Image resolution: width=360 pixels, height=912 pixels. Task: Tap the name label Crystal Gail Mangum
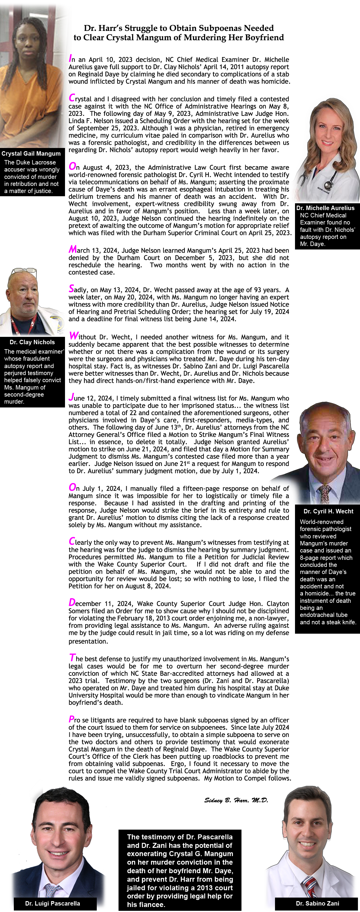pos(31,153)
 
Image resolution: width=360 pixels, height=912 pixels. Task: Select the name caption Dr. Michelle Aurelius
pos(325,208)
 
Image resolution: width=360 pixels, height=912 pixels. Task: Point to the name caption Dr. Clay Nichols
pos(32,342)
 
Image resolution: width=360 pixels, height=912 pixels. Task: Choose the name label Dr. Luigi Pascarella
pos(52,903)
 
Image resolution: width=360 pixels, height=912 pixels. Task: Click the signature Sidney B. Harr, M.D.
pos(236,800)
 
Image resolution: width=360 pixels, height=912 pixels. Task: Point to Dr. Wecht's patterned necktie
pos(324,494)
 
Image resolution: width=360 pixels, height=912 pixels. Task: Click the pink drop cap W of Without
pos(74,336)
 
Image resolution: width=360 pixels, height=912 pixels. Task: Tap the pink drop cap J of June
pos(71,397)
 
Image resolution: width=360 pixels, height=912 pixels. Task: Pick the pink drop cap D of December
pos(72,602)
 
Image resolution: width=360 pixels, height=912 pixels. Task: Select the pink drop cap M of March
pos(73,249)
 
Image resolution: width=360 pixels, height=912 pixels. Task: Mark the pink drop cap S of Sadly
pos(71,289)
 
